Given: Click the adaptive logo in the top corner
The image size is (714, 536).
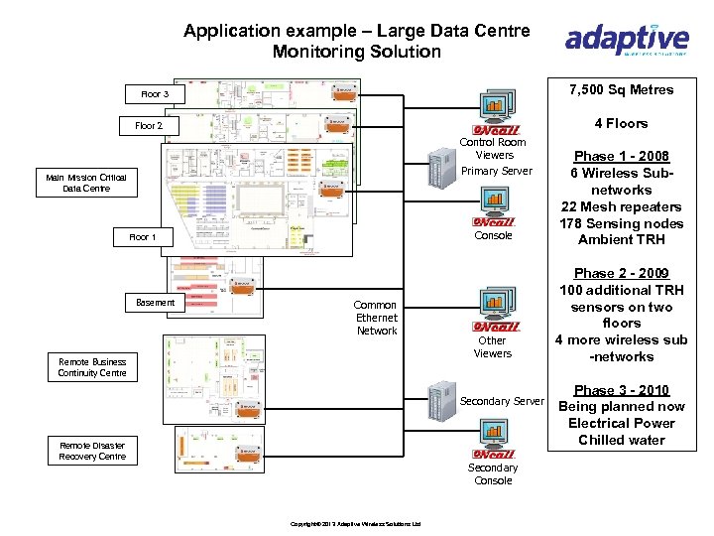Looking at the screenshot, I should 626,40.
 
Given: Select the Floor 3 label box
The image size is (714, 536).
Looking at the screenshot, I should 155,94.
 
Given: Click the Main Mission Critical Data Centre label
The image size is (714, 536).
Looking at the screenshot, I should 92,182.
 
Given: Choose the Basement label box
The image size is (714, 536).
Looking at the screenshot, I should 155,302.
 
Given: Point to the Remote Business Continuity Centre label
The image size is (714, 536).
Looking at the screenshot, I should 92,367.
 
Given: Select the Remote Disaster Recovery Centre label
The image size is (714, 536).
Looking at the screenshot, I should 92,451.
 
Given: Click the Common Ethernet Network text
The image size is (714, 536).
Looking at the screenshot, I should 376,318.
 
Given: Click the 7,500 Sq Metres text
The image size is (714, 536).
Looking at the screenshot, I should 622,90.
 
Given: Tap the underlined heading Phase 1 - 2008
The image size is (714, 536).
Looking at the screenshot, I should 622,156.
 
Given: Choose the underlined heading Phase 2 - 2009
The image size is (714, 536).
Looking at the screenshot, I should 622,273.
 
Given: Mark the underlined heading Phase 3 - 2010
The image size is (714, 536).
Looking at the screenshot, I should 622,390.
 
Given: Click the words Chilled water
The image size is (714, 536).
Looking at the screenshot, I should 622,440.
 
